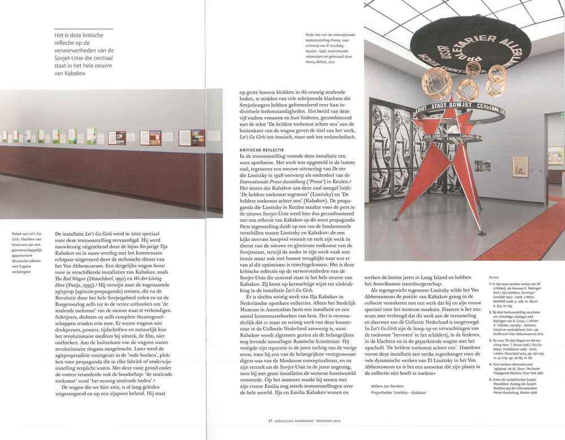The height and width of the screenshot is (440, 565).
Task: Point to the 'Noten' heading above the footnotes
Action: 495,276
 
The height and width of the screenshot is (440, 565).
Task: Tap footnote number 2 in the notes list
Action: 490,312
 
